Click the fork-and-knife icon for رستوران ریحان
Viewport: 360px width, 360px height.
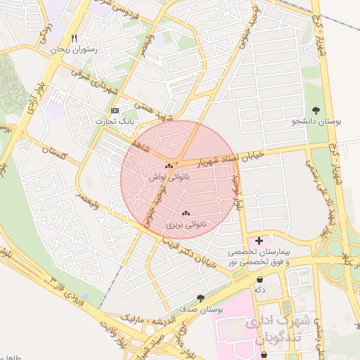click(x=75, y=39)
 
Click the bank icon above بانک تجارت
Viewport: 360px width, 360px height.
click(x=115, y=111)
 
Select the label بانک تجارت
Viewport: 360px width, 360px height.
click(x=117, y=122)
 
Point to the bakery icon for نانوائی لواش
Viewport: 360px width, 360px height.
click(x=169, y=167)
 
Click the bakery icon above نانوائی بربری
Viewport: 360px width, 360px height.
click(x=186, y=213)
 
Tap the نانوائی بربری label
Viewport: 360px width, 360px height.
click(x=184, y=225)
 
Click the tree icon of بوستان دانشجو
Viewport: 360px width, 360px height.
click(x=316, y=110)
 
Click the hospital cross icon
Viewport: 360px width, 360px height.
click(x=259, y=240)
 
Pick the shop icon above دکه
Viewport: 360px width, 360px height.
click(x=260, y=278)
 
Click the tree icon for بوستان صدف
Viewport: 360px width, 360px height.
click(x=201, y=298)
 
